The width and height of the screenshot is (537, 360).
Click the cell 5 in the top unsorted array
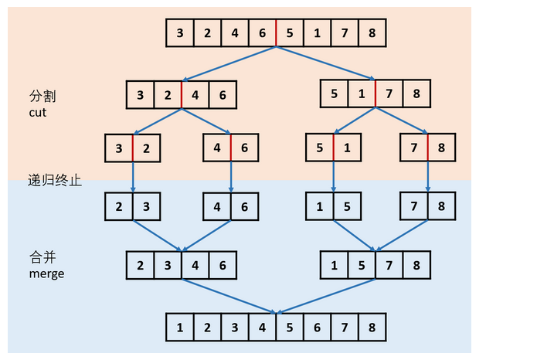pyautogui.click(x=290, y=33)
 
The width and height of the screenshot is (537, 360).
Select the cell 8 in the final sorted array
pyautogui.click(x=372, y=328)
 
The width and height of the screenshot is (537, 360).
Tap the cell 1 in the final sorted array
pyautogui.click(x=180, y=328)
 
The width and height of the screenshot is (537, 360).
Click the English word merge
pyautogui.click(x=46, y=273)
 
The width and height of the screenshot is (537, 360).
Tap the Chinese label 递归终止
pyautogui.click(x=55, y=180)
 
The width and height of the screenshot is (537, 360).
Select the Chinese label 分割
pyautogui.click(x=42, y=97)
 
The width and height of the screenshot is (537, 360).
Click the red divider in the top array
pyautogui.click(x=276, y=33)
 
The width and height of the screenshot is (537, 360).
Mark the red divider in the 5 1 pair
pyautogui.click(x=334, y=148)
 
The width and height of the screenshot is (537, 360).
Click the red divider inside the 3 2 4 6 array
pyautogui.click(x=182, y=95)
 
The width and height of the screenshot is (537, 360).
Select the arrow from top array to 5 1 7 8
pyautogui.click(x=325, y=63)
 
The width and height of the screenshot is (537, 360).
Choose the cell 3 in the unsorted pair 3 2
pyautogui.click(x=119, y=148)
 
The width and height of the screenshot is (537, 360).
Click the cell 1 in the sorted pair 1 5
pyautogui.click(x=320, y=207)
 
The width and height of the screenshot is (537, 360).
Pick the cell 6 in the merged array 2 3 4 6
pyautogui.click(x=223, y=266)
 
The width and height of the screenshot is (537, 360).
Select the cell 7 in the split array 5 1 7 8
pyautogui.click(x=389, y=95)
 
